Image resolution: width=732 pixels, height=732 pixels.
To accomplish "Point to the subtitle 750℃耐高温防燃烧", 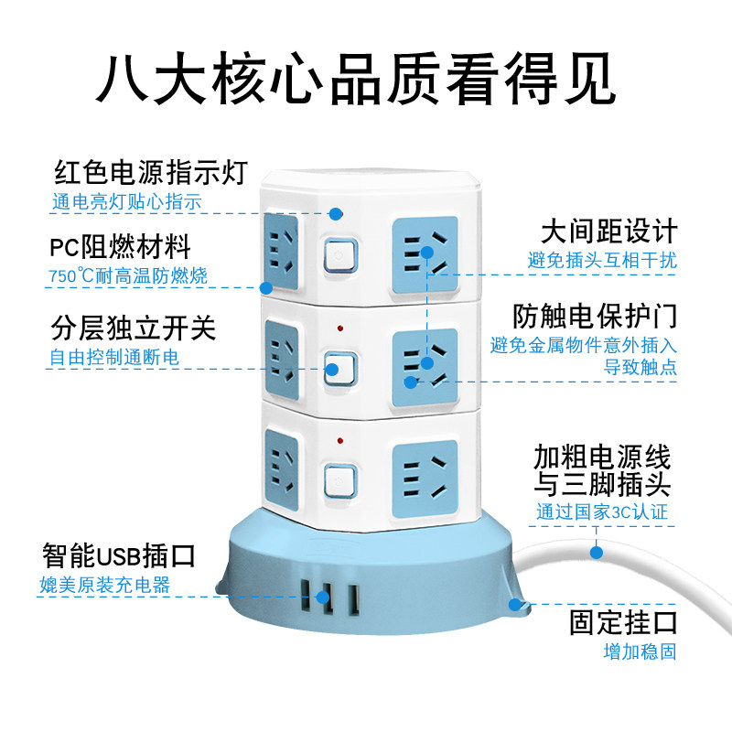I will [128, 275].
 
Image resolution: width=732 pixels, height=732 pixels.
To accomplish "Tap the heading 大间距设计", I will [608, 231].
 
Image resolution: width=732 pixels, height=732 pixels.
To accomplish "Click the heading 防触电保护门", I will [595, 316].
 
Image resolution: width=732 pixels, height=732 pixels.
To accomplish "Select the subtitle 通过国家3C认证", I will [601, 511].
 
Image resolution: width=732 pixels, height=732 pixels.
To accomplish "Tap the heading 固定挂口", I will [623, 623].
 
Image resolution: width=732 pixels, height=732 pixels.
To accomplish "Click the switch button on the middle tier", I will [339, 370].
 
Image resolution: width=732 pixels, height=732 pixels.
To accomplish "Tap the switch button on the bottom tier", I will [338, 478].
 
